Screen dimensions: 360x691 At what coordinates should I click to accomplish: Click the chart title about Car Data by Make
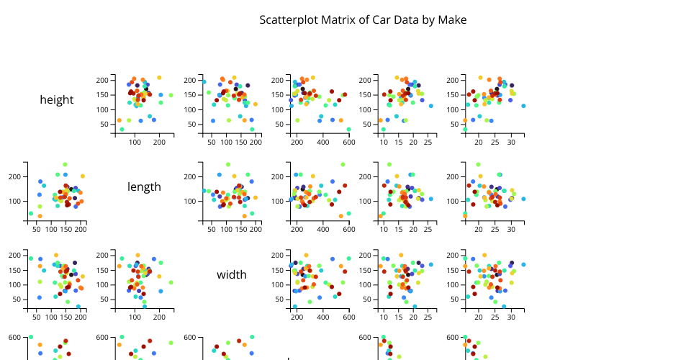tap(363, 20)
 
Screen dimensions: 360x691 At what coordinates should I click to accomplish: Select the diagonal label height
tap(56, 100)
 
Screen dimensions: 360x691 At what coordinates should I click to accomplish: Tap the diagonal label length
tap(144, 187)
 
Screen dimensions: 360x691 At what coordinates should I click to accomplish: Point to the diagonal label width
tap(232, 274)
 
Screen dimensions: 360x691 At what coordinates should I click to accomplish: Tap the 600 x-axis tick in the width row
tap(348, 318)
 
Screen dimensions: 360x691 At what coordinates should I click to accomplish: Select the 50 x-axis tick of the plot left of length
tap(37, 230)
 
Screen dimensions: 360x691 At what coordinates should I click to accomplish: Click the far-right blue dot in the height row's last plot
tap(523, 106)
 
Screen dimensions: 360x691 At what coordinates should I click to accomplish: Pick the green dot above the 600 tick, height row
tap(348, 130)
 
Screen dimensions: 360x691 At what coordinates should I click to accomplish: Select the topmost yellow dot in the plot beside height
tap(159, 78)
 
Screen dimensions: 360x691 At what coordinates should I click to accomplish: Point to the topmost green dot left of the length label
tap(65, 165)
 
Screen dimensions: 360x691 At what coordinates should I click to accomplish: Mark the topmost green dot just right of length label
tap(228, 165)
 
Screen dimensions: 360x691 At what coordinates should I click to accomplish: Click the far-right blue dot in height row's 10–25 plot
tap(431, 106)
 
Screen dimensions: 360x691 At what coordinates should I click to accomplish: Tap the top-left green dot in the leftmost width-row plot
tap(31, 258)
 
